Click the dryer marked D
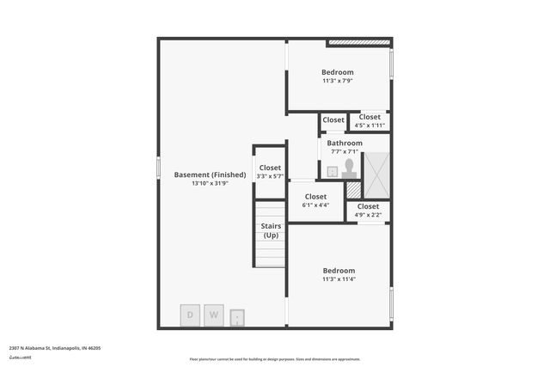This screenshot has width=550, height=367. [x=190, y=315]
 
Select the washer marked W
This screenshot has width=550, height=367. [x=213, y=315]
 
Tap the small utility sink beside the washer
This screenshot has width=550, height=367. [x=237, y=318]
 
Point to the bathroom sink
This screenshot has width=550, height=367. [x=333, y=172]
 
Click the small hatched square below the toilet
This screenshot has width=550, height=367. [x=353, y=190]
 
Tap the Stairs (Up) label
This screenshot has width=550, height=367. [x=271, y=230]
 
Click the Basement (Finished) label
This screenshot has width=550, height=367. [x=210, y=174]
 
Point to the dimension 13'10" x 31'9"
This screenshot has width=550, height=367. [x=210, y=183]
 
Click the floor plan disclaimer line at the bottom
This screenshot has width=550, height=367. [x=275, y=359]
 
